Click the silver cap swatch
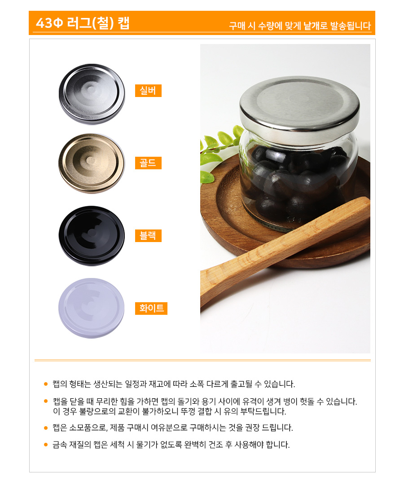pyautogui.click(x=92, y=94)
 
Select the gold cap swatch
pyautogui.click(x=92, y=163)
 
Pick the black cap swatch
pyautogui.click(x=92, y=236)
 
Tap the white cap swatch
pyautogui.click(x=91, y=308)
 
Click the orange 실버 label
pyautogui.click(x=149, y=91)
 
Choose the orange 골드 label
pyautogui.click(x=149, y=163)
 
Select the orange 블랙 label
pyautogui.click(x=149, y=236)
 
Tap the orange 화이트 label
pyautogui.click(x=151, y=309)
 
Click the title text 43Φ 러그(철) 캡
pyautogui.click(x=83, y=23)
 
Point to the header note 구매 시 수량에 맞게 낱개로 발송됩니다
pyautogui.click(x=300, y=26)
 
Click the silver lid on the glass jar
pyautogui.click(x=299, y=108)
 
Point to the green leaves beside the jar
pyautogui.click(x=218, y=154)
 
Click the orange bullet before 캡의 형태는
pyautogui.click(x=46, y=384)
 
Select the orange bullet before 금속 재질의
pyautogui.click(x=46, y=445)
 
